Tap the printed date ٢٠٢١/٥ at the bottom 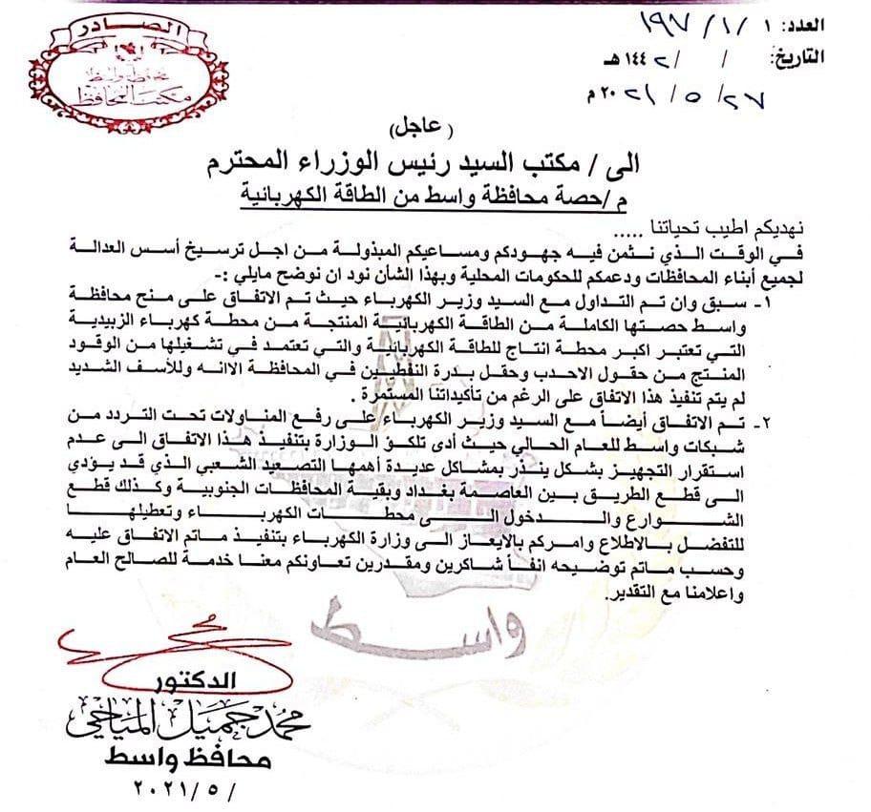pos(181,791)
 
